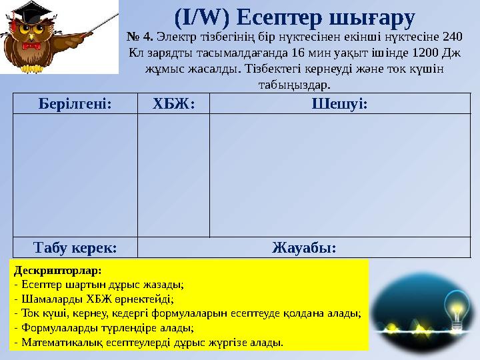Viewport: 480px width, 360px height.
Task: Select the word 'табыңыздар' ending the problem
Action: coord(293,85)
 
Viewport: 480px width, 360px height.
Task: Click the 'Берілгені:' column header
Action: coord(74,103)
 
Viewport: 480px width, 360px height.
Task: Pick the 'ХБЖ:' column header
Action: coord(173,103)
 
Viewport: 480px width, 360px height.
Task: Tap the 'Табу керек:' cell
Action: coord(74,247)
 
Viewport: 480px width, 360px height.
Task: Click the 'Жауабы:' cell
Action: coord(304,247)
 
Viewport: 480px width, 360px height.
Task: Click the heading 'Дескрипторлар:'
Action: coord(57,271)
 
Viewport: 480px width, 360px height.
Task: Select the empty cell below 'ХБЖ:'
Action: coord(173,175)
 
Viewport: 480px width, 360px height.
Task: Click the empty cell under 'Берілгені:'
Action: coord(74,175)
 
